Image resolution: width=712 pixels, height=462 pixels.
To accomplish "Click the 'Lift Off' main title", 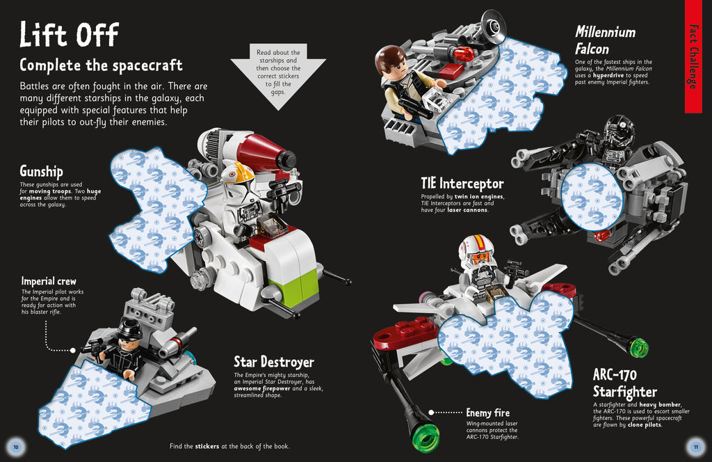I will pyautogui.click(x=69, y=34).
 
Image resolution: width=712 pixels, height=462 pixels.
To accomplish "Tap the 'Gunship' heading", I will pyautogui.click(x=41, y=171).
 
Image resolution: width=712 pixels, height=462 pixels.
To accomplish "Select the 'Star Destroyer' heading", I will pyautogui.click(x=273, y=362).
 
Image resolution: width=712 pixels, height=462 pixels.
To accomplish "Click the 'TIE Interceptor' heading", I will pyautogui.click(x=462, y=184).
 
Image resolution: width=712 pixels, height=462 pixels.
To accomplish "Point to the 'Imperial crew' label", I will pyautogui.click(x=49, y=281).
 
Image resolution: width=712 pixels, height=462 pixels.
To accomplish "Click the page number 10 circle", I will pyautogui.click(x=15, y=446).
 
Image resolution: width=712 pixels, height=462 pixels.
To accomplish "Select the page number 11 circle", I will pyautogui.click(x=695, y=446).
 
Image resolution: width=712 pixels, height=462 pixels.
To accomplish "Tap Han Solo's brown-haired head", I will pyautogui.click(x=391, y=63).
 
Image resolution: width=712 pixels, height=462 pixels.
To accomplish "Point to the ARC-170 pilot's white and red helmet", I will pyautogui.click(x=477, y=251).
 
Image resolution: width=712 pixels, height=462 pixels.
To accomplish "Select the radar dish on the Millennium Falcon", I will pyautogui.click(x=493, y=26).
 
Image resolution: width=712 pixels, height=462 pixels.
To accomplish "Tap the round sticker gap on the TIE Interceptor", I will pyautogui.click(x=592, y=198).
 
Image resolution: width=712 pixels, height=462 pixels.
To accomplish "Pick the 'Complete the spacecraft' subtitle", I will pyautogui.click(x=101, y=65).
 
